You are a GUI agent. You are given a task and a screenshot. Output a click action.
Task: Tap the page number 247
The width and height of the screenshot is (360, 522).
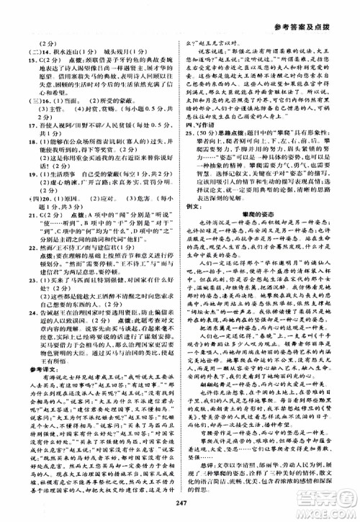point(179,506)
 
